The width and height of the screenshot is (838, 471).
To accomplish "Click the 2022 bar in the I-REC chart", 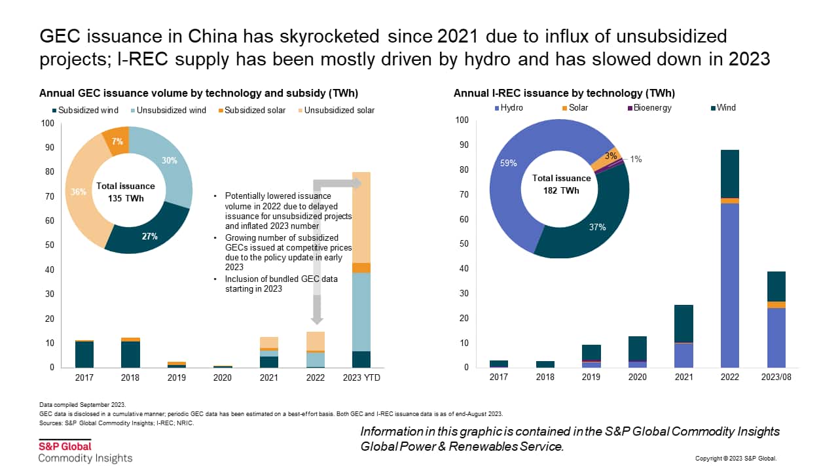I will [x=730, y=262].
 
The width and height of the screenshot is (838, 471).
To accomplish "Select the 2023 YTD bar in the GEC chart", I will [x=361, y=275].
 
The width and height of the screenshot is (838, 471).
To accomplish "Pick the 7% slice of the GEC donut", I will [x=117, y=141].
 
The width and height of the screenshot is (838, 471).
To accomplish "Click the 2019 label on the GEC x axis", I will [x=176, y=377].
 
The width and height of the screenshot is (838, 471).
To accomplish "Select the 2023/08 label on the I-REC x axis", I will [x=776, y=377].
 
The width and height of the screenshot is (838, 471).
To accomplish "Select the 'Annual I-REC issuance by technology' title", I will [x=564, y=94].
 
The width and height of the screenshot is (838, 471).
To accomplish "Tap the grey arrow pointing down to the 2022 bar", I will [x=316, y=307].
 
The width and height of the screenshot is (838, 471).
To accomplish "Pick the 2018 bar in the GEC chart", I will [x=131, y=353].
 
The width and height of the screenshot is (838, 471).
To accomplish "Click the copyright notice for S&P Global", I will [x=736, y=459].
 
